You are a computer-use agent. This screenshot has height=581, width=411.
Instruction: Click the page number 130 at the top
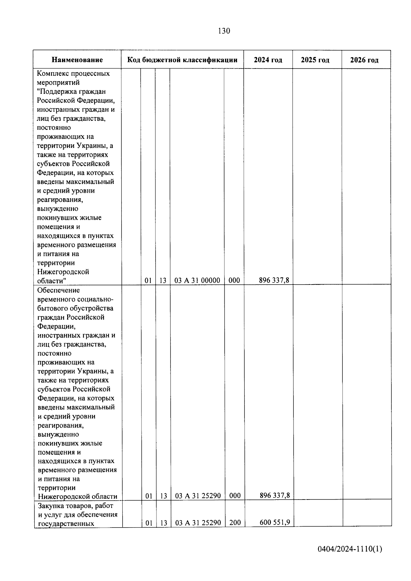(x=224, y=31)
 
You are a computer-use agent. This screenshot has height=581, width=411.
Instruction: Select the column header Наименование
(x=77, y=60)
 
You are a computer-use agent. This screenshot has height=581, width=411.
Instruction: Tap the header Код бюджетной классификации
(x=182, y=60)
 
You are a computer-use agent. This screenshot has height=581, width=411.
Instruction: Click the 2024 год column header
(x=268, y=60)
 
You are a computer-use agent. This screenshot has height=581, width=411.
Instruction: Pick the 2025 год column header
(x=315, y=60)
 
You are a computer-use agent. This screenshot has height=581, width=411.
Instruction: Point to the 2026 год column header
(x=364, y=60)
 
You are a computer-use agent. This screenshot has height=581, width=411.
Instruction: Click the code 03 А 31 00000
(x=197, y=280)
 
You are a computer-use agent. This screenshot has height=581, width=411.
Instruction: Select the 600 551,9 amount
(x=275, y=522)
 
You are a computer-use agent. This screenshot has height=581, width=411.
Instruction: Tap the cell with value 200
(x=235, y=523)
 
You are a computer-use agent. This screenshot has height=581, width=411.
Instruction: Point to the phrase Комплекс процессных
(x=73, y=74)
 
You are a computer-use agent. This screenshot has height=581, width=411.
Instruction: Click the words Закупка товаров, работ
(x=75, y=506)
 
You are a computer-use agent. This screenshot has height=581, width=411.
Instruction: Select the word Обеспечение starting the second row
(x=59, y=290)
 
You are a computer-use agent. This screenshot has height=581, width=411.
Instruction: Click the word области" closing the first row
(x=51, y=281)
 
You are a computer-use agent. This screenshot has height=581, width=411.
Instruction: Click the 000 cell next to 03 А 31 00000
(x=234, y=280)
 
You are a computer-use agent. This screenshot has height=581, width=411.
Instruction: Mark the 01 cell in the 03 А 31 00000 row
(x=148, y=280)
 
